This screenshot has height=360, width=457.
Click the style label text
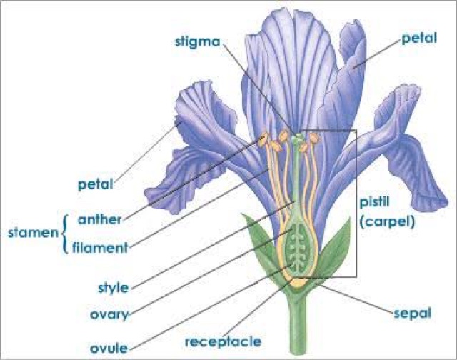click(x=112, y=289)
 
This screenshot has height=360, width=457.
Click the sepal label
click(x=412, y=312)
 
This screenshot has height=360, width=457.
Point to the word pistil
click(x=373, y=202)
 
